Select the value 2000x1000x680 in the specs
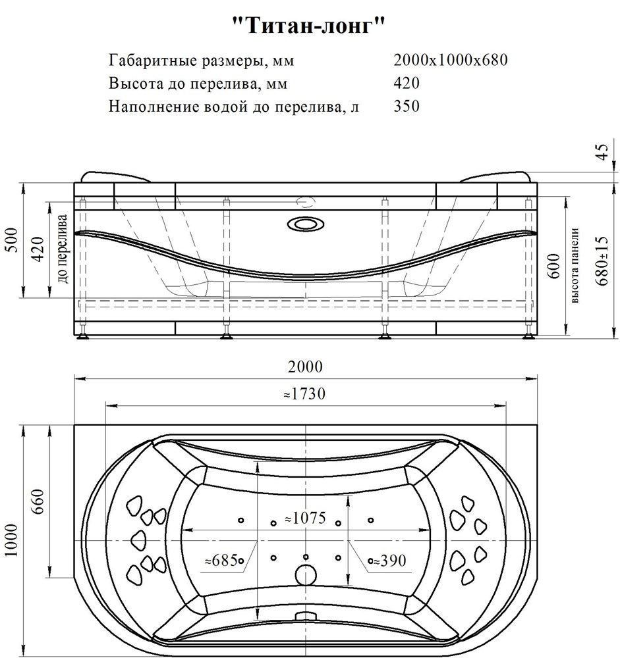[451, 60]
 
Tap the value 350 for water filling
[407, 106]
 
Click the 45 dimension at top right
[602, 152]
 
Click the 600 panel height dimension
[554, 266]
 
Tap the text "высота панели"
[575, 265]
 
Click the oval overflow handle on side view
[306, 224]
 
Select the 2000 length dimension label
[305, 367]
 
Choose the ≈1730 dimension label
[304, 393]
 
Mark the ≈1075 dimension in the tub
[305, 518]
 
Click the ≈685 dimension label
[221, 560]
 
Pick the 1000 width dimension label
[12, 540]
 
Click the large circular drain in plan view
[306, 574]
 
